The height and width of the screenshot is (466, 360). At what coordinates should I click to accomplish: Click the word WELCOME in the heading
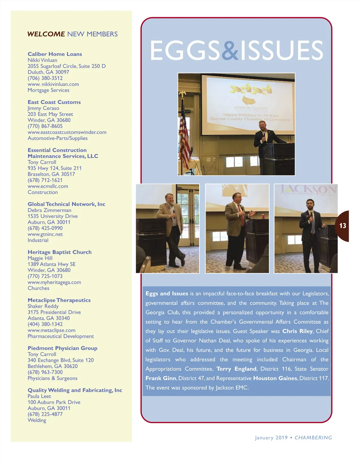tap(46, 34)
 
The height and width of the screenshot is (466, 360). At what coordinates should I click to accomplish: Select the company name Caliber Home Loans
tap(55, 54)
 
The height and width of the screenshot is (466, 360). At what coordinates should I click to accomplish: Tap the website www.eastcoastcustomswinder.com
tap(67, 132)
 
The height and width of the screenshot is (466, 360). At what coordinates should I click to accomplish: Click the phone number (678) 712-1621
tap(45, 180)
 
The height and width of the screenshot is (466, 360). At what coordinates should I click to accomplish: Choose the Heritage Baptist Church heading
tap(59, 252)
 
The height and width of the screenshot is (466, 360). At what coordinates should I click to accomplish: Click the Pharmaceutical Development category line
tap(61, 336)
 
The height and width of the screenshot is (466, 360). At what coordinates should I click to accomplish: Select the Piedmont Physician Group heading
tap(62, 348)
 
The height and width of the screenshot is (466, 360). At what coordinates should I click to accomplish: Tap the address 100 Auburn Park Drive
tap(54, 402)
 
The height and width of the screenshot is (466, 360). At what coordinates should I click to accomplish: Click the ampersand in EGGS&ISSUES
tap(230, 50)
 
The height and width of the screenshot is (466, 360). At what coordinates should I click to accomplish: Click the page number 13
tap(343, 226)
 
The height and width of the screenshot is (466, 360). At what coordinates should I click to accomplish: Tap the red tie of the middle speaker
tap(241, 216)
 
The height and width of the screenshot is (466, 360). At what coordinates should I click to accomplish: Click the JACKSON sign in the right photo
tap(307, 190)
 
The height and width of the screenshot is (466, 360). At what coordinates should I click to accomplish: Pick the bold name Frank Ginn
tap(161, 378)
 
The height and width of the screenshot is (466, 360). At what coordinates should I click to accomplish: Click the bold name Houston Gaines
tap(275, 378)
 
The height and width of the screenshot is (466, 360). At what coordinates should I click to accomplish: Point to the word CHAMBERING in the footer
tap(313, 438)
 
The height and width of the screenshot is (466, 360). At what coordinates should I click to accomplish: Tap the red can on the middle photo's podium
tap(263, 217)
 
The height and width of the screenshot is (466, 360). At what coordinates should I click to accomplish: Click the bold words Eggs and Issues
tap(166, 294)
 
